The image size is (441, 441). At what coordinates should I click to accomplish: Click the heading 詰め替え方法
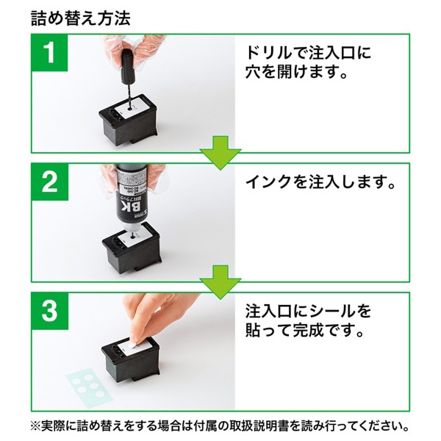(x=81, y=18)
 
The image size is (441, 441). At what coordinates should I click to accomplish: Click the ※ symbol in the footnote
(x=37, y=426)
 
